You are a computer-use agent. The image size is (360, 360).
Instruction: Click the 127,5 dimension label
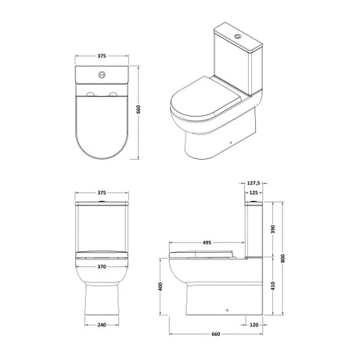pyautogui.click(x=253, y=183)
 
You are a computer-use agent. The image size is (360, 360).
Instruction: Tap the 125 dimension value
pyautogui.click(x=254, y=193)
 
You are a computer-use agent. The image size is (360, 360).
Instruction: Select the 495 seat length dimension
pyautogui.click(x=207, y=243)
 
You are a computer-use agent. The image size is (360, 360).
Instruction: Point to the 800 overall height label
pyautogui.click(x=283, y=258)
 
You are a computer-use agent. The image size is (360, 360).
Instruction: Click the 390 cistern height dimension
pyautogui.click(x=273, y=229)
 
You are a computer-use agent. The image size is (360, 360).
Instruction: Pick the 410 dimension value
pyautogui.click(x=273, y=286)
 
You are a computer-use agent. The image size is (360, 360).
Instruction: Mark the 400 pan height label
pyautogui.click(x=160, y=286)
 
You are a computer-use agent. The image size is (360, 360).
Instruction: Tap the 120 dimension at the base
pyautogui.click(x=254, y=325)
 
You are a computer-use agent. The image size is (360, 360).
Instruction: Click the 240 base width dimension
pyautogui.click(x=102, y=325)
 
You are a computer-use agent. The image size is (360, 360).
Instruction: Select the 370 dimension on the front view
pyautogui.click(x=102, y=267)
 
